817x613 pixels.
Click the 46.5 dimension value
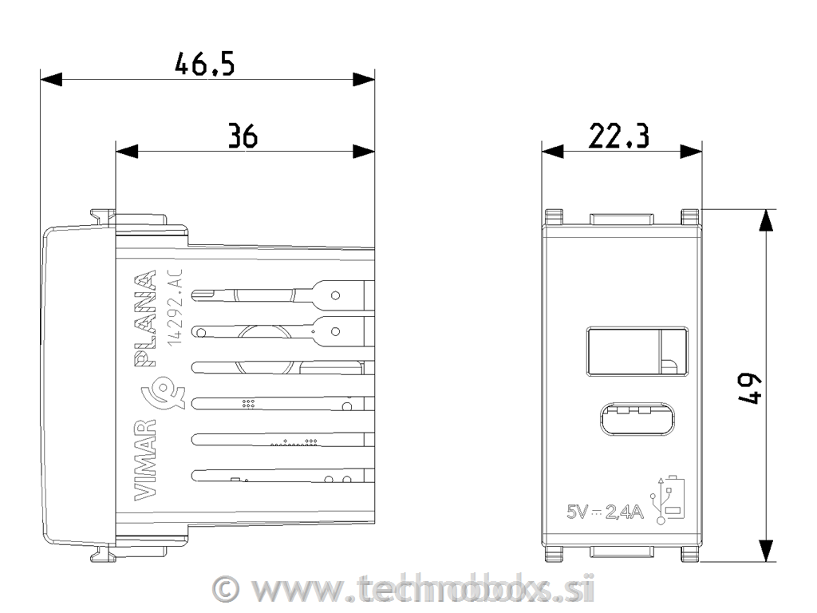pyautogui.click(x=205, y=65)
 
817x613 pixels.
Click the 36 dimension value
pyautogui.click(x=243, y=136)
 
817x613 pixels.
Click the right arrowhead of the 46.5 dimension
pyautogui.click(x=365, y=80)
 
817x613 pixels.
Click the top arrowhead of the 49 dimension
pyautogui.click(x=766, y=220)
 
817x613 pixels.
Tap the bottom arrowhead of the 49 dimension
pyautogui.click(x=766, y=551)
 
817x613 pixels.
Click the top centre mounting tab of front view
pyautogui.click(x=622, y=218)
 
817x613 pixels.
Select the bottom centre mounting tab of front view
pyautogui.click(x=622, y=550)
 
